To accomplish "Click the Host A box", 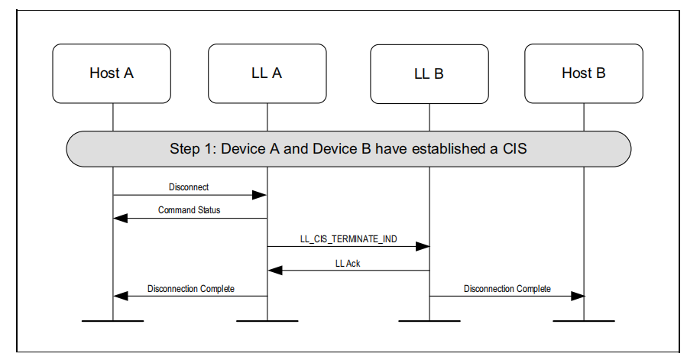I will [112, 73].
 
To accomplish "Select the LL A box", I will [267, 73].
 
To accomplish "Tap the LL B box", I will [429, 74].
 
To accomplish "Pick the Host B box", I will [583, 73].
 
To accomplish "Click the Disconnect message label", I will [189, 186].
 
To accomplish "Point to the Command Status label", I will [189, 209].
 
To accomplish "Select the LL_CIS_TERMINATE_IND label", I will [348, 238].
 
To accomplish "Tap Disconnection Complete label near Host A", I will [190, 289].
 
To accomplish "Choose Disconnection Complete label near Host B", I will [507, 289].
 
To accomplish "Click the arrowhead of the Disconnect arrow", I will [261, 195].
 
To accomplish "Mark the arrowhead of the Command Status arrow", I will [119, 219].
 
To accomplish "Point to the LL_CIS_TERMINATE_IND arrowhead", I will [423, 247].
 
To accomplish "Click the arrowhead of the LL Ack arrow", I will [274, 271].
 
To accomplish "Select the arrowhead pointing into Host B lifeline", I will [578, 297].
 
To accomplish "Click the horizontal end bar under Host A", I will [112, 321].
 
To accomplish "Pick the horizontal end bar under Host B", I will [584, 321].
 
